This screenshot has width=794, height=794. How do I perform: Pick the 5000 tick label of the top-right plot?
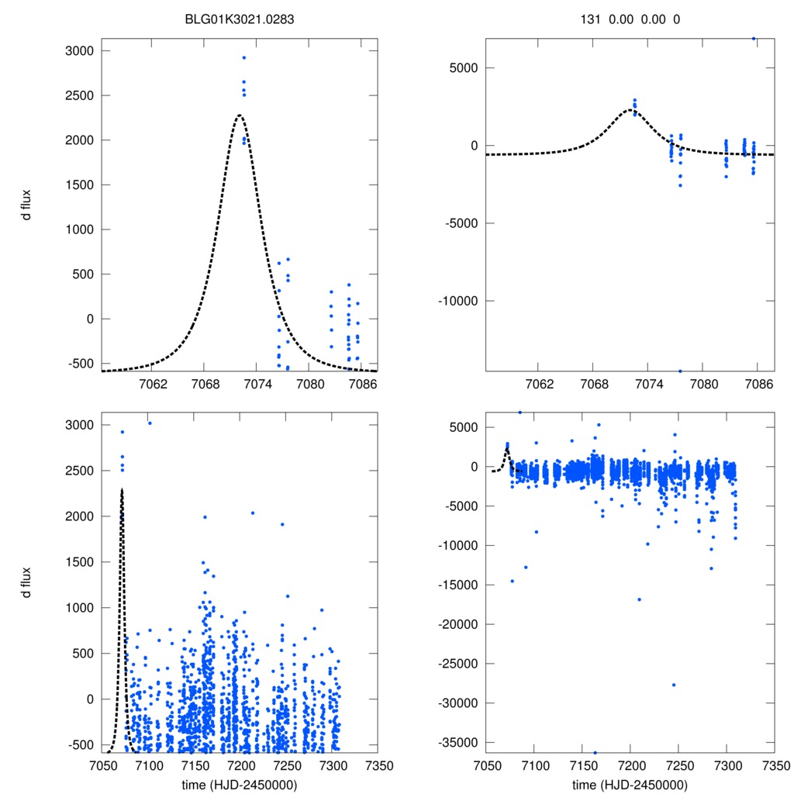pyautogui.click(x=464, y=67)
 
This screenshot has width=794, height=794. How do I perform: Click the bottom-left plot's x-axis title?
pyautogui.click(x=239, y=784)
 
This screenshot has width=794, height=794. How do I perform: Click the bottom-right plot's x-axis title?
pyautogui.click(x=630, y=784)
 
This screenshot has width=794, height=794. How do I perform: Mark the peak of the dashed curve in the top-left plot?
pyautogui.click(x=240, y=116)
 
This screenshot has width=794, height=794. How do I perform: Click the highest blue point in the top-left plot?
pyautogui.click(x=243, y=57)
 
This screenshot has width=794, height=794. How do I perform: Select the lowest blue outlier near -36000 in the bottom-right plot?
pyautogui.click(x=595, y=753)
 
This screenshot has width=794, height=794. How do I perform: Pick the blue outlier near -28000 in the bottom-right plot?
pyautogui.click(x=674, y=685)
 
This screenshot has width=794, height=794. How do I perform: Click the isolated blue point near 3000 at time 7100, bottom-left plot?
pyautogui.click(x=150, y=423)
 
